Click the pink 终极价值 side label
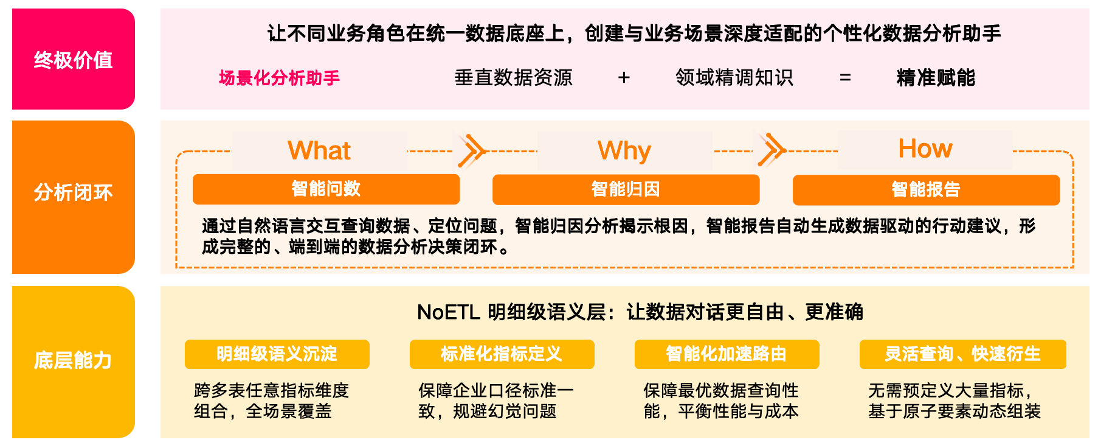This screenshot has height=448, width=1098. (x=73, y=60)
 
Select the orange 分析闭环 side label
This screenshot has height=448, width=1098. (x=73, y=192)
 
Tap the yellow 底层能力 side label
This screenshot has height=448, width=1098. (x=73, y=360)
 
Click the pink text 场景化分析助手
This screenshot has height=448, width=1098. (x=279, y=78)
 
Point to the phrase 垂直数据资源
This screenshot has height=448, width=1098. (x=513, y=78)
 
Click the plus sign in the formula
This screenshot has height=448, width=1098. (x=624, y=78)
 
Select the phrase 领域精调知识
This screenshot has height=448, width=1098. (x=734, y=78)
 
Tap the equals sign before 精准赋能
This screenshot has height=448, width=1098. (x=845, y=78)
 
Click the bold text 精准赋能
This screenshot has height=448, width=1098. (x=936, y=78)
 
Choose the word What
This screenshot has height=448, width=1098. (x=319, y=150)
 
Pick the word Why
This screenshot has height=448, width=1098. (x=624, y=150)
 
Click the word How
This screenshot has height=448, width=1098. (x=925, y=149)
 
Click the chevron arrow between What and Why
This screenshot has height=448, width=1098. (x=472, y=150)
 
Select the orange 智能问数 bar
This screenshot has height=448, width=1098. (x=326, y=189)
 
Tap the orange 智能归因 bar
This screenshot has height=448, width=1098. (x=626, y=189)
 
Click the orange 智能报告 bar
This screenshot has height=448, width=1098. (x=926, y=189)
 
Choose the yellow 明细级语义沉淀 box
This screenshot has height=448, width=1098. (x=277, y=354)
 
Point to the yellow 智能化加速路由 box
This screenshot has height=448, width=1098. (x=727, y=354)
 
